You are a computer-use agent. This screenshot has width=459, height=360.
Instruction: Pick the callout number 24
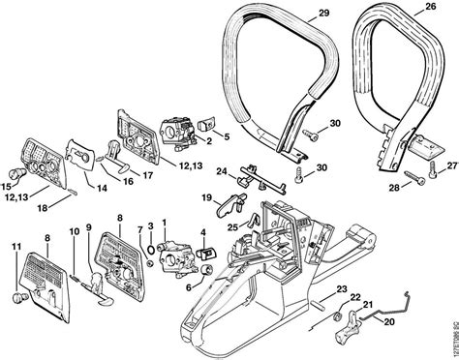click(222, 173)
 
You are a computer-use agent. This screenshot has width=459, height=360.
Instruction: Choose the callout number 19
click(206, 197)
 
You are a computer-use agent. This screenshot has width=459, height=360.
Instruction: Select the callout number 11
click(15, 250)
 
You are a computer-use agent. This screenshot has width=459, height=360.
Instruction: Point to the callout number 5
click(226, 135)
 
